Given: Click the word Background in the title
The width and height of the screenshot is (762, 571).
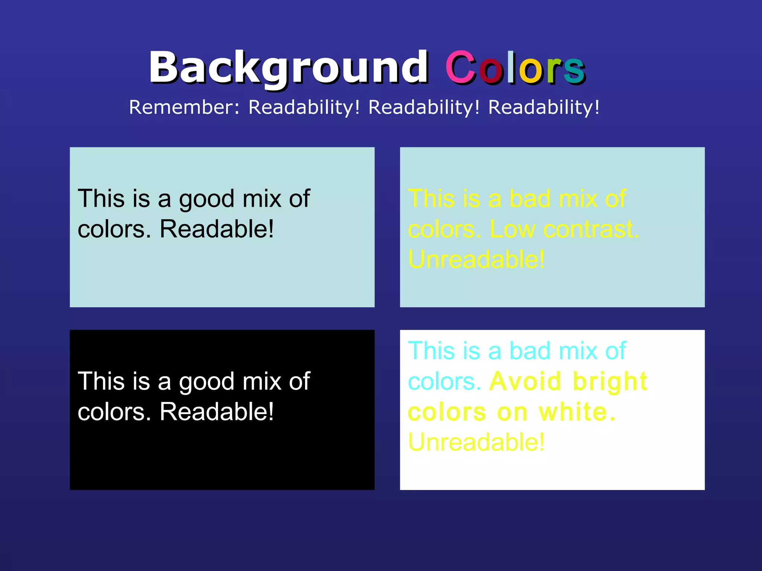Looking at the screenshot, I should [x=288, y=68].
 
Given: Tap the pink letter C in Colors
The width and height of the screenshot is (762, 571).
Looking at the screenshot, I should [x=461, y=68].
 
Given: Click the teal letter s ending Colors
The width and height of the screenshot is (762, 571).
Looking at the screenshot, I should [x=574, y=70].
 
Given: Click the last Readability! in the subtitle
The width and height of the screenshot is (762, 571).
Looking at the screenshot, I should [x=544, y=107].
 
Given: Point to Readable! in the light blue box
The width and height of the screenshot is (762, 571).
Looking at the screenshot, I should [x=217, y=229].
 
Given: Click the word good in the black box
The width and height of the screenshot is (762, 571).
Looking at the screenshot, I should [x=207, y=382].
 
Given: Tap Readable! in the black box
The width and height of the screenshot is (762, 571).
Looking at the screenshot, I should [x=217, y=412].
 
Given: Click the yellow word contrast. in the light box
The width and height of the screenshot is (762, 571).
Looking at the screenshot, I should [x=591, y=229].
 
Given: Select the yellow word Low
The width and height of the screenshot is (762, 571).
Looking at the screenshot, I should [x=512, y=229].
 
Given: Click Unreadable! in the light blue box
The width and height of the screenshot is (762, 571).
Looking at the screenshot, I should [x=476, y=259].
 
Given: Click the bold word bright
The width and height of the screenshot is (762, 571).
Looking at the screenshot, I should [x=610, y=382].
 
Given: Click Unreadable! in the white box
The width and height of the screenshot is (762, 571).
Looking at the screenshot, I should [x=476, y=442].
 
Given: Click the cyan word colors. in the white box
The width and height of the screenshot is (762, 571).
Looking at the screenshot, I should [x=444, y=382].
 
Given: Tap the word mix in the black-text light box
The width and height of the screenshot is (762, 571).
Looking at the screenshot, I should [x=262, y=199].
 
